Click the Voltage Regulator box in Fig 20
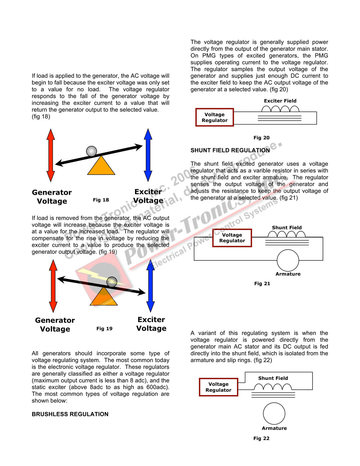[215, 117]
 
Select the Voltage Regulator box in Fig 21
[232, 238]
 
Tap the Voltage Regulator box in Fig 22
[219, 387]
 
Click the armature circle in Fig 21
[288, 260]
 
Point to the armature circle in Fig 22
[274, 413]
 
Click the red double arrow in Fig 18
[51, 155]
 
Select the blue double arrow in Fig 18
[148, 155]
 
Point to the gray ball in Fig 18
[91, 151]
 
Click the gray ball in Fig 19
[112, 282]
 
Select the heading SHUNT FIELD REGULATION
[230, 150]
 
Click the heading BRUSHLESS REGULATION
[70, 414]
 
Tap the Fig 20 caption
[261, 138]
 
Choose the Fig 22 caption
[261, 438]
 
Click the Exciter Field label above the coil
[280, 101]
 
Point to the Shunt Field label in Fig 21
[287, 228]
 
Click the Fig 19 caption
[104, 328]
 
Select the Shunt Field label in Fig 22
[273, 378]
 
